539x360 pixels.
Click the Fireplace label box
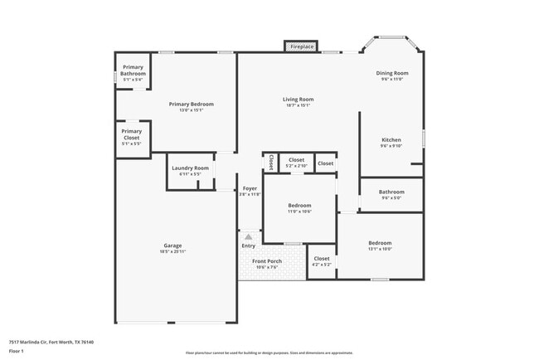pyautogui.click(x=302, y=47)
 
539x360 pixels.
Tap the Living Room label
pyautogui.click(x=299, y=102)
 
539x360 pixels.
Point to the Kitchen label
pyautogui.click(x=391, y=143)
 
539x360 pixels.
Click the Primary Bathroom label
pyautogui.click(x=134, y=71)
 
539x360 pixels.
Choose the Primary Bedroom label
pyautogui.click(x=192, y=106)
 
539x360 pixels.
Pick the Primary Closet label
pyautogui.click(x=131, y=134)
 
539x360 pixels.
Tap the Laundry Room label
pyautogui.click(x=191, y=171)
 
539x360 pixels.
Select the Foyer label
pyautogui.click(x=250, y=191)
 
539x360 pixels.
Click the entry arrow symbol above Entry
pyautogui.click(x=248, y=236)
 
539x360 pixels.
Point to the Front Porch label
pyautogui.click(x=267, y=264)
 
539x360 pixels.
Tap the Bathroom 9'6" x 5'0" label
pyautogui.click(x=391, y=194)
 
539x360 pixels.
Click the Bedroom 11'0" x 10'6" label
pyautogui.click(x=299, y=207)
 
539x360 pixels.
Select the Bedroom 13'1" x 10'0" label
pyautogui.click(x=380, y=246)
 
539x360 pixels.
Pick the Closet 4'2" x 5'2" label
pyautogui.click(x=322, y=261)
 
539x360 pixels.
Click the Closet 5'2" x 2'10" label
pyautogui.click(x=296, y=163)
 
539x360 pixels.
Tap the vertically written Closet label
pyautogui.click(x=270, y=163)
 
